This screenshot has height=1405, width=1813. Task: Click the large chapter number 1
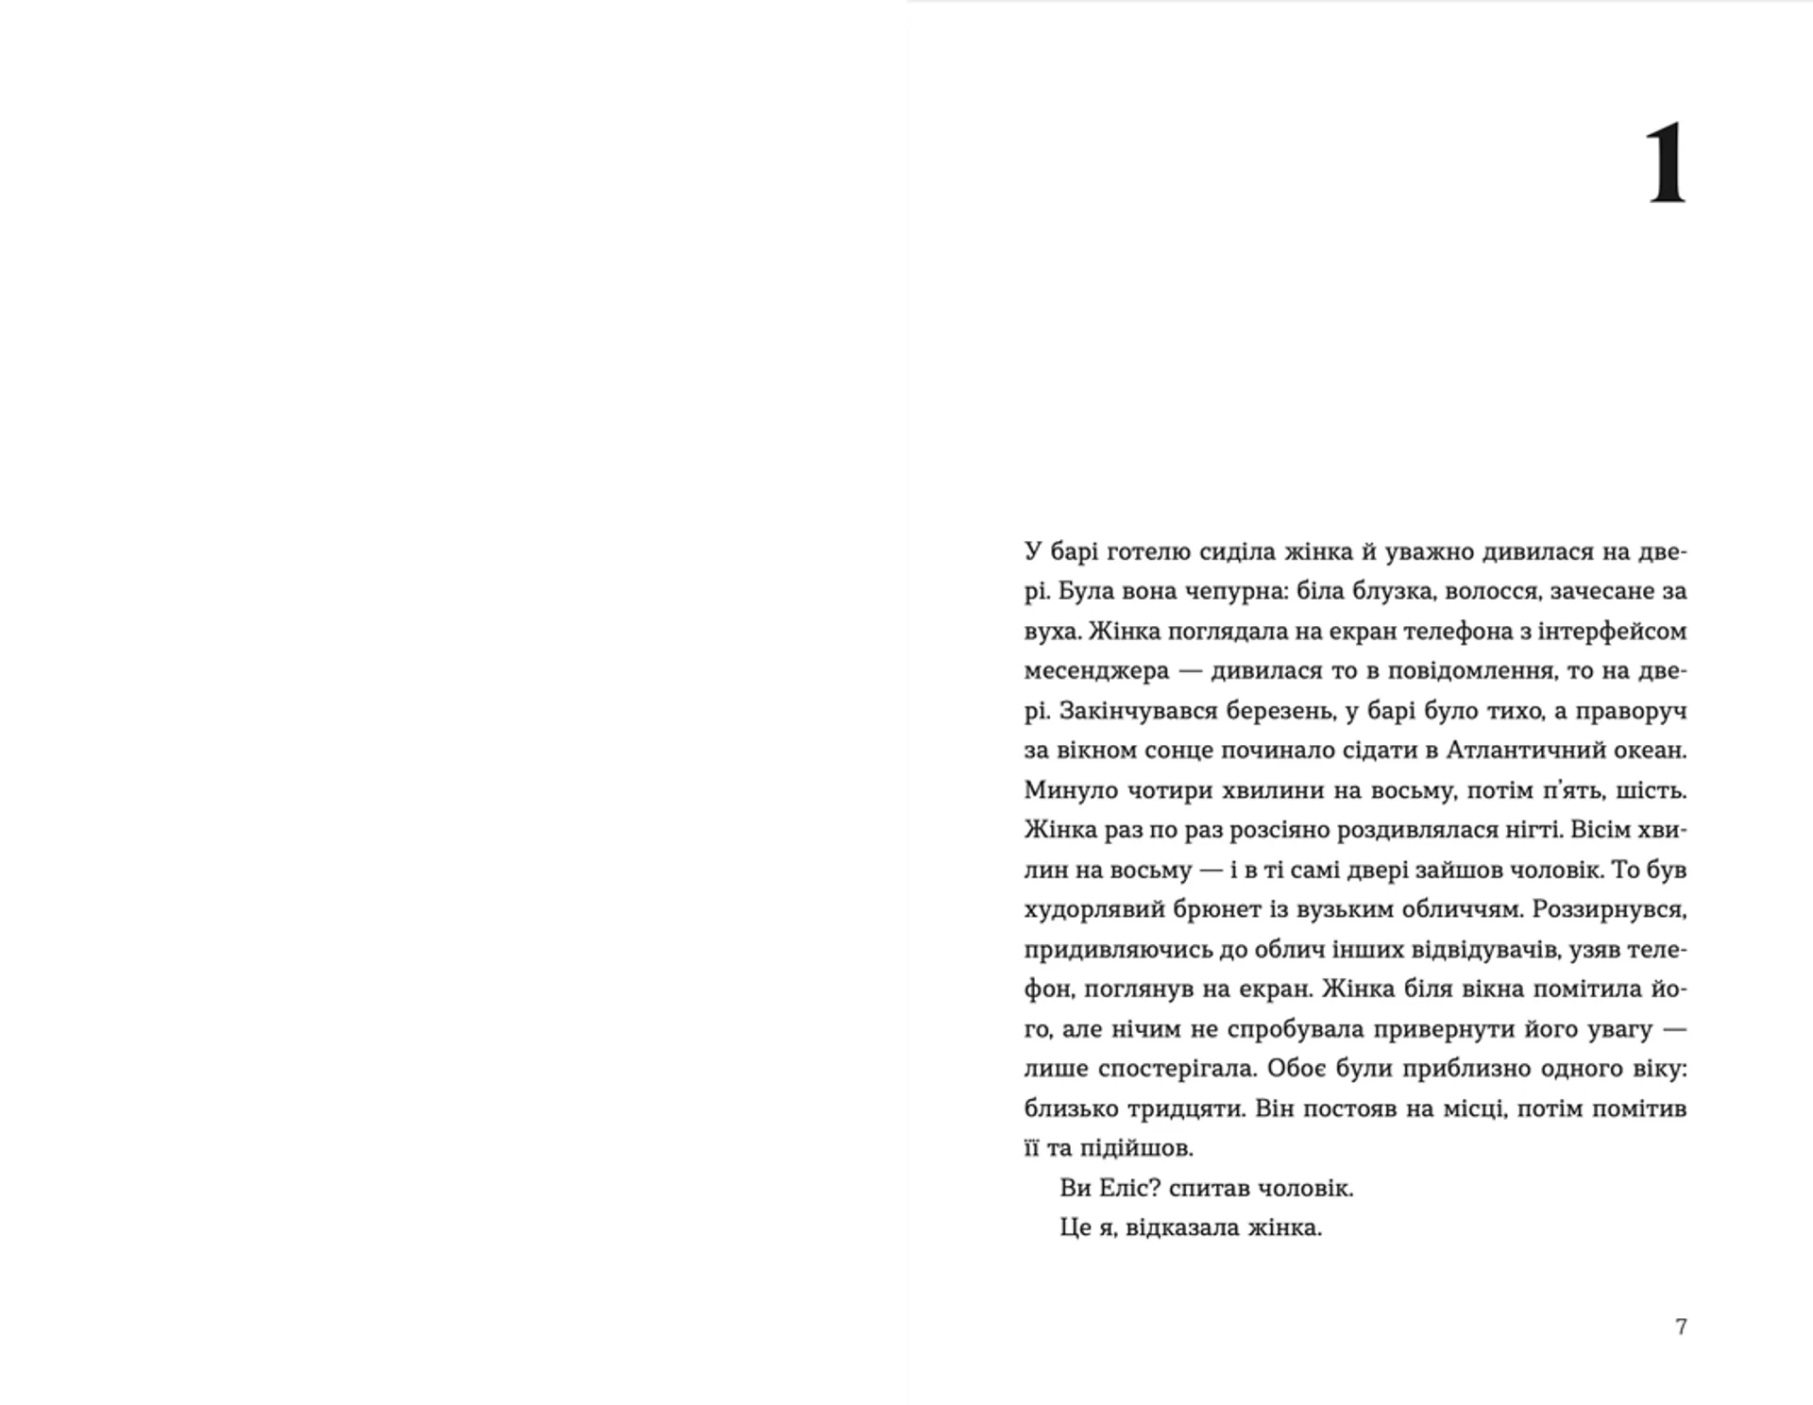[1666, 162]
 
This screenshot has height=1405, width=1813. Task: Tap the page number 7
[1681, 1327]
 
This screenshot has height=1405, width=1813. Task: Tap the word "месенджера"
[1096, 670]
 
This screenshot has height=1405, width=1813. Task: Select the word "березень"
[1280, 710]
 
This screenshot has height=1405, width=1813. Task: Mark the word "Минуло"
[1071, 789]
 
